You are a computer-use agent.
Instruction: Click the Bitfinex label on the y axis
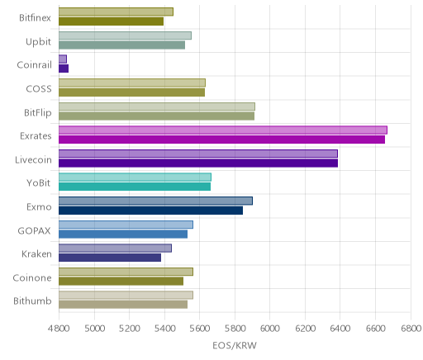coord(35,18)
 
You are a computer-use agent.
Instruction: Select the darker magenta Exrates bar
coord(221,140)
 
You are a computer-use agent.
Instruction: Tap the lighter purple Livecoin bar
coord(198,154)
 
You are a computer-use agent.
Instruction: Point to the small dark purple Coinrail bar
coord(64,69)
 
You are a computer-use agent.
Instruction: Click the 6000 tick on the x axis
coord(269,329)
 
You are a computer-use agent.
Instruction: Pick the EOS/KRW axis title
coord(235,346)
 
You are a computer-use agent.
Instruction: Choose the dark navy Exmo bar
coord(150,211)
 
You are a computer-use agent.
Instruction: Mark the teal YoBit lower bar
coord(135,187)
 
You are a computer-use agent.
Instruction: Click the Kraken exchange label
coord(36,254)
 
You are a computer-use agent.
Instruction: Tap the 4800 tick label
coord(59,329)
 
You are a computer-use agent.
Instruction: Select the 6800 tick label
coord(411,329)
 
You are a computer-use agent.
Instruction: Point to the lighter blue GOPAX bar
coord(126,225)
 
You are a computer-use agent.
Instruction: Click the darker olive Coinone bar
coord(121,281)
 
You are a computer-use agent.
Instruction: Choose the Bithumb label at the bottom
coord(32,301)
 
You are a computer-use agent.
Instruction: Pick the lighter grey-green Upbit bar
coord(125,36)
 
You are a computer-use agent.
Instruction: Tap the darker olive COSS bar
coord(131,92)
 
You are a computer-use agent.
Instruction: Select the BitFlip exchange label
coord(38,113)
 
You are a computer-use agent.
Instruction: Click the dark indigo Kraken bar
coord(110,258)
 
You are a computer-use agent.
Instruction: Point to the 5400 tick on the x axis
coord(164,329)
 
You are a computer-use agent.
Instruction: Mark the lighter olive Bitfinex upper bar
coord(116,12)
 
